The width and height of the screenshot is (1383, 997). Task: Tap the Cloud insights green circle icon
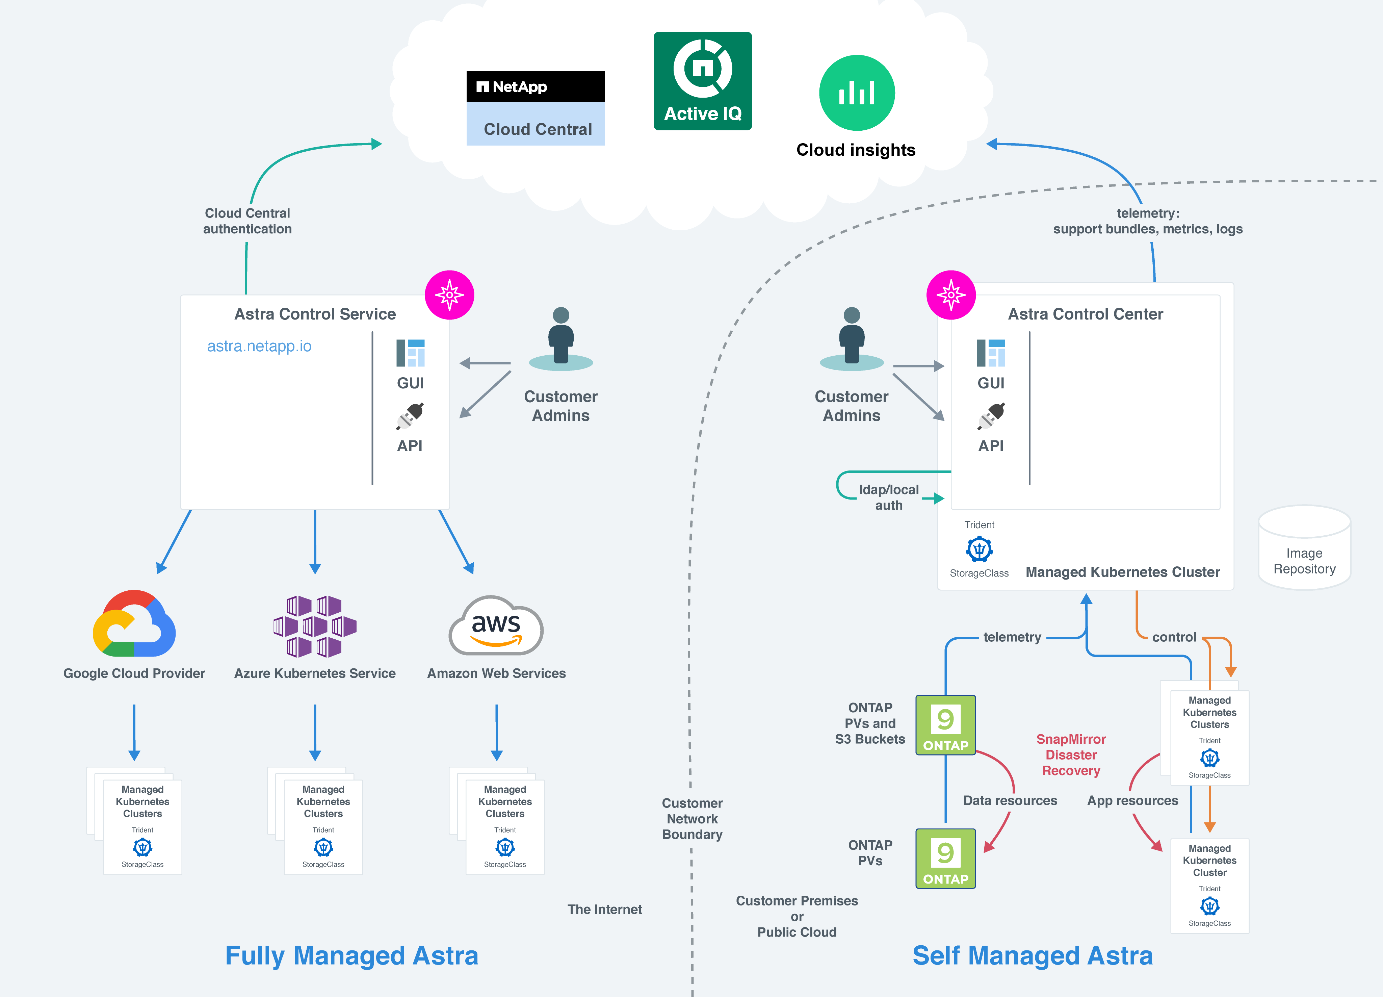click(x=856, y=93)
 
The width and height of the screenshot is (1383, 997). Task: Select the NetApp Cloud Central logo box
click(x=536, y=108)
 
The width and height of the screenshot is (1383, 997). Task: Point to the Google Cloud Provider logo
click(x=134, y=624)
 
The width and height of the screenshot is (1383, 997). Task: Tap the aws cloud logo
click(x=496, y=625)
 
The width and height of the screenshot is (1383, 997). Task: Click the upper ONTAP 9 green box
click(x=945, y=725)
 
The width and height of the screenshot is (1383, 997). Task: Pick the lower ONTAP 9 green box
click(x=945, y=858)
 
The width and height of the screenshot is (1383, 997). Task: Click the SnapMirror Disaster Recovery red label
click(x=1071, y=755)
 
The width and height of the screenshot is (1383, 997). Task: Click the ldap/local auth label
click(x=888, y=497)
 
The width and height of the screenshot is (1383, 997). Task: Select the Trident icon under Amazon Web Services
click(x=505, y=847)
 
